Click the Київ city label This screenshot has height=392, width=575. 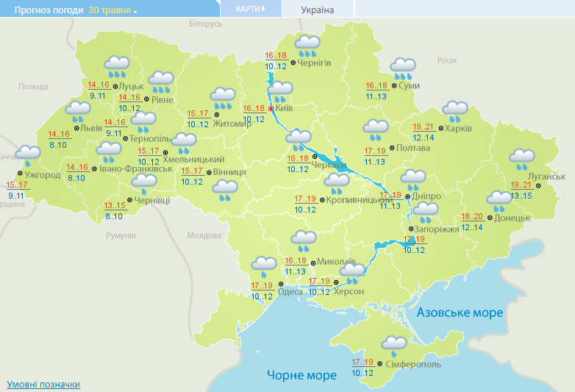(x=284, y=108)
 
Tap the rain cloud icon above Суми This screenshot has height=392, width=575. (x=403, y=68)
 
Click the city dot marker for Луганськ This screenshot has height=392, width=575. (x=538, y=185)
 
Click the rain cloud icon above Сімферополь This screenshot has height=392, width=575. (x=395, y=343)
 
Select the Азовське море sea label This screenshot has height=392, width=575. (x=460, y=313)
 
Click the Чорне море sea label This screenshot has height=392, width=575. (x=301, y=375)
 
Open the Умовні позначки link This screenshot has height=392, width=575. (x=43, y=385)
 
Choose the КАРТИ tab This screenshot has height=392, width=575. (x=251, y=9)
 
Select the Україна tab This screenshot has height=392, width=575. (x=318, y=10)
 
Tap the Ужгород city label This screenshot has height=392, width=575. (x=43, y=176)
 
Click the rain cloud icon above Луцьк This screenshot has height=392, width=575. (x=117, y=65)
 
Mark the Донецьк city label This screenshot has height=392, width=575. (x=512, y=218)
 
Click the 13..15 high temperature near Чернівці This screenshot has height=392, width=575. (x=115, y=205)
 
